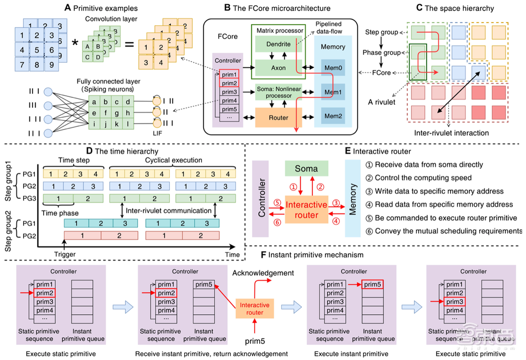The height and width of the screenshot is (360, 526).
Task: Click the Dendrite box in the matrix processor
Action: point(279,45)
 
